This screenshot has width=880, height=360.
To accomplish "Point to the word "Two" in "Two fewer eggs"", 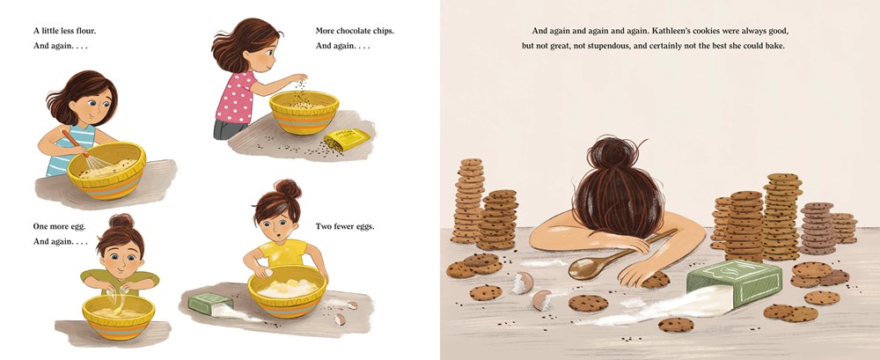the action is click(323, 227).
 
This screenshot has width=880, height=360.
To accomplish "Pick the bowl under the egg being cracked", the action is click(119, 317).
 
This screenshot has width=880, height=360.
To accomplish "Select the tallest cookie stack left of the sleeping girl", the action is click(469, 201).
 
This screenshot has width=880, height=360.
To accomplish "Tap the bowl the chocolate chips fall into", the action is click(304, 113).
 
